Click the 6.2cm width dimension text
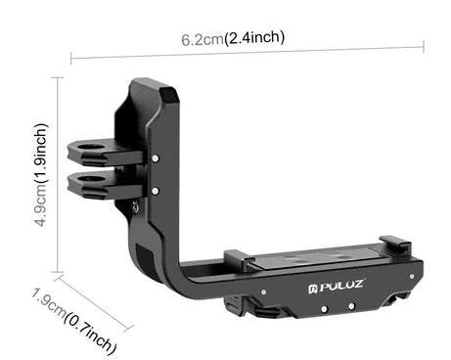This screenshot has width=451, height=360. (x=203, y=39)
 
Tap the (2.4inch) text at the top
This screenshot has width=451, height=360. (x=254, y=38)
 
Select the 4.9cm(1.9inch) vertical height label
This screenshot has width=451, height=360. (x=40, y=175)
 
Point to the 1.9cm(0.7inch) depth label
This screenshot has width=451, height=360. (x=74, y=320)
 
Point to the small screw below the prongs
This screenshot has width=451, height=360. (x=148, y=206)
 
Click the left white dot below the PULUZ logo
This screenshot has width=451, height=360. (x=325, y=307)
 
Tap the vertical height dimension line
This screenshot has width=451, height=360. (x=61, y=176)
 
